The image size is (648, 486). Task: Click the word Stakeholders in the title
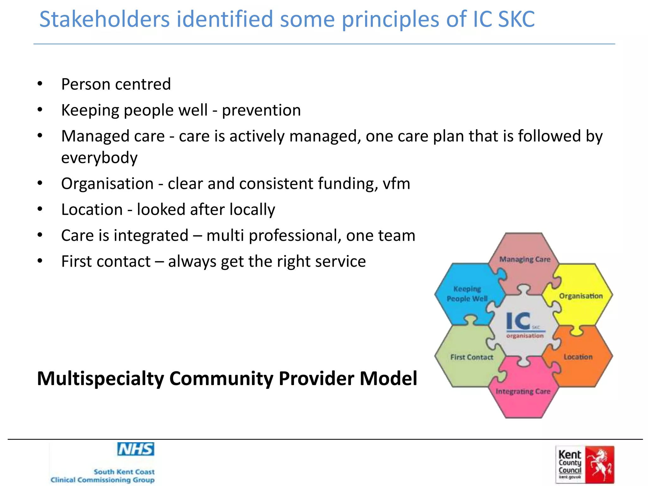104,20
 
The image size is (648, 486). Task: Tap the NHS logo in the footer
136,449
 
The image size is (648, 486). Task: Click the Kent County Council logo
585,464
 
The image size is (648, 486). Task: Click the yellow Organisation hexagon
581,296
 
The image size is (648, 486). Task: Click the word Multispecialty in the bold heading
100,378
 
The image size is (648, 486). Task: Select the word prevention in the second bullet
261,110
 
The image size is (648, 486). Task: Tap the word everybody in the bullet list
99,158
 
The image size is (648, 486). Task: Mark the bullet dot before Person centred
40,84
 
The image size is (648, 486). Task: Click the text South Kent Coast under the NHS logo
124,472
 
